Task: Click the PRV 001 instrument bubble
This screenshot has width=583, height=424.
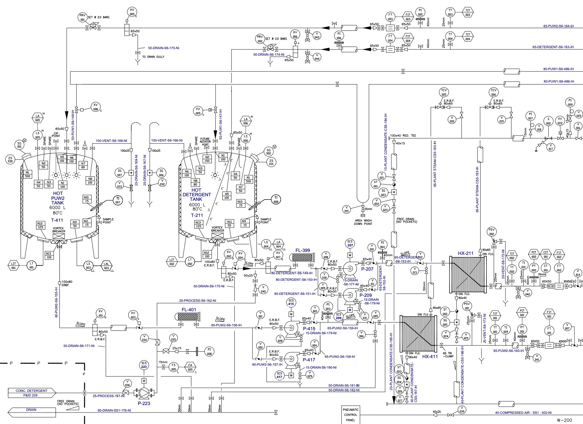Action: click(82, 17)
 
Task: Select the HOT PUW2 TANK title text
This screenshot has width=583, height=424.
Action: click(57, 198)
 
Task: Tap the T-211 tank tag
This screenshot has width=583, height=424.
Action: click(197, 215)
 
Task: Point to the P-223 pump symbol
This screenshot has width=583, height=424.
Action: click(144, 392)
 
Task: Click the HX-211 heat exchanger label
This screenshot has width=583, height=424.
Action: click(465, 253)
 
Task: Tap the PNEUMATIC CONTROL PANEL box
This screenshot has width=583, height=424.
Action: click(351, 415)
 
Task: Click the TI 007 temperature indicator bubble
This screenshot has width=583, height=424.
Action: click(118, 200)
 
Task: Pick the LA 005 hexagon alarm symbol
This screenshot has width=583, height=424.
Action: click(38, 118)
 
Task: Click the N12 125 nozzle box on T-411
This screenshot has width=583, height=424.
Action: click(40, 225)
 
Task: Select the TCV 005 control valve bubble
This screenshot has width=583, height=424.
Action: click(444, 92)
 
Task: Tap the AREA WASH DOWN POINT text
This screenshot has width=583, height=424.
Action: click(363, 222)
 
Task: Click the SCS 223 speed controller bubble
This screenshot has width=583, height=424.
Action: click(144, 365)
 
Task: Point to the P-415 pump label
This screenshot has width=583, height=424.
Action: click(309, 328)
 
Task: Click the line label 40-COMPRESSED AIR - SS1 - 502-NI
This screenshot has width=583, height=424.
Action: click(523, 413)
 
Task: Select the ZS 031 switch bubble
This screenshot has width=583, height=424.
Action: click(271, 162)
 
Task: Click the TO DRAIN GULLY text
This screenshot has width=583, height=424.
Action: click(153, 57)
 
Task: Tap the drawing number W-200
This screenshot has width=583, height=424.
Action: click(564, 420)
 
